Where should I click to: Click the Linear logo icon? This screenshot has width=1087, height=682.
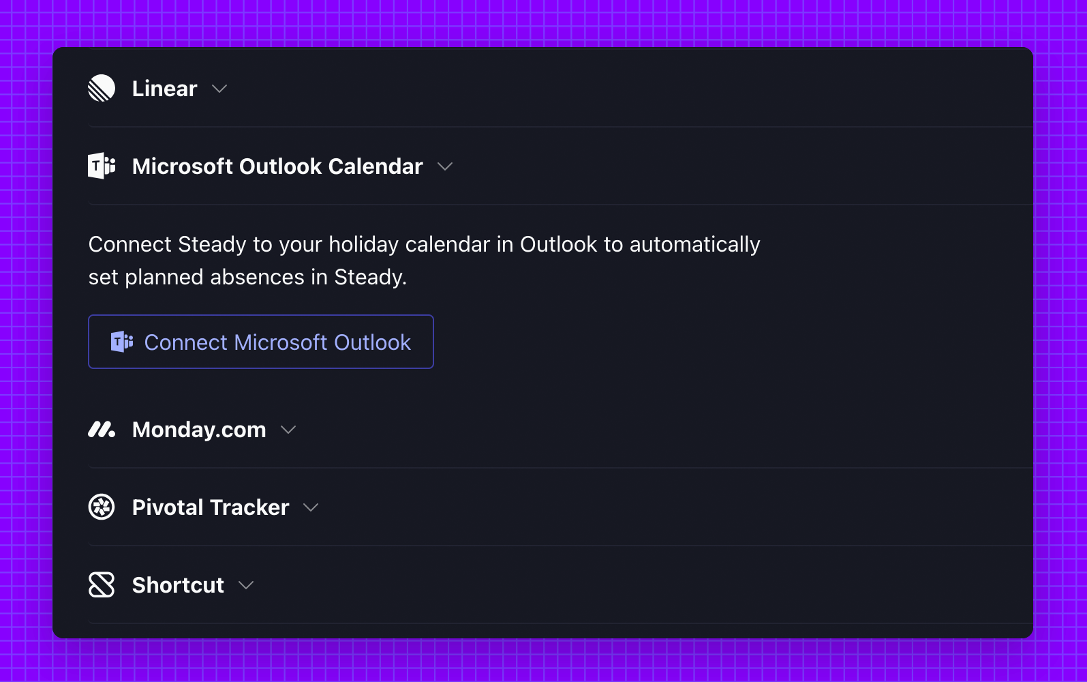coord(102,88)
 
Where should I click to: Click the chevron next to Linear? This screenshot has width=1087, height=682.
coord(219,89)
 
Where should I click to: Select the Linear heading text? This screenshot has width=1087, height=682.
coord(164,89)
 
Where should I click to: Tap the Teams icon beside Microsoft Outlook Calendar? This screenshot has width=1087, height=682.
coord(102,166)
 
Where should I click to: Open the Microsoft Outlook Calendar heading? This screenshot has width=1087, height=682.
coord(277,166)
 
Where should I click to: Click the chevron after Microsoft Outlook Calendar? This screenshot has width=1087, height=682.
coord(445,166)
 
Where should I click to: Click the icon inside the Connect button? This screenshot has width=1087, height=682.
coord(122,342)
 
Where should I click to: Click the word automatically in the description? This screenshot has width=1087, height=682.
coord(695,244)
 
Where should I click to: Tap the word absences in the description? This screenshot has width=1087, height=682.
coord(257,277)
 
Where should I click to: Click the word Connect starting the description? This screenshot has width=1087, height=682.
coord(129,244)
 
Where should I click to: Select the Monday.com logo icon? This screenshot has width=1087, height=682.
coord(102,430)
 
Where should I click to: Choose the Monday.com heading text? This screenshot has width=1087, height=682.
coord(199,430)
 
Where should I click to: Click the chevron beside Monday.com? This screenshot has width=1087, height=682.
coord(288,430)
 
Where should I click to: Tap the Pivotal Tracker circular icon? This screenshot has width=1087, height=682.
coord(102,507)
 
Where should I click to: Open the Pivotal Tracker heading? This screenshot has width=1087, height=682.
coord(211,507)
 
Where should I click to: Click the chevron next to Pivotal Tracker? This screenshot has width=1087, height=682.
coord(311,507)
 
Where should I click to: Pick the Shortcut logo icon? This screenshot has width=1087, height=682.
coord(102,584)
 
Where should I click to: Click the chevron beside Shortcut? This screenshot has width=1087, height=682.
coord(246,585)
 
